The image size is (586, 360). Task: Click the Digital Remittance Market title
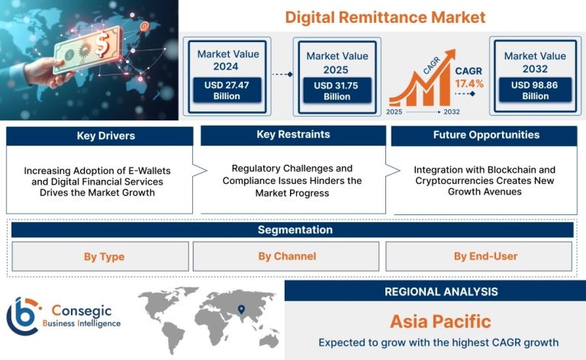[x=385, y=18]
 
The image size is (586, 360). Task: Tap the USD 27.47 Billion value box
[x=227, y=90]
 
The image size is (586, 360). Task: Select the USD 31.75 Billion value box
[x=336, y=91]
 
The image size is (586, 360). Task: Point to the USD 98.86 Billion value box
[x=535, y=90]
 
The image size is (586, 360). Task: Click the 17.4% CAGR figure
[x=469, y=84]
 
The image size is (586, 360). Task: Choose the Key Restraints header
[x=293, y=135]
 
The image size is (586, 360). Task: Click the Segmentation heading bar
[x=292, y=230]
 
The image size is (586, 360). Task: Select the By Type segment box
[x=100, y=256]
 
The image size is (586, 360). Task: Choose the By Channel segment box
[x=286, y=256]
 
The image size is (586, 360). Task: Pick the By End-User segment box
[x=478, y=256]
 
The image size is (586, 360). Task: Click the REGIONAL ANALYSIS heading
[x=441, y=291]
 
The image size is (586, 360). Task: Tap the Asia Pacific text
[x=440, y=322]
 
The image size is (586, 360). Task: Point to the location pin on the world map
[x=241, y=310]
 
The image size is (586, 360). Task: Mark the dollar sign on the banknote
[x=101, y=43]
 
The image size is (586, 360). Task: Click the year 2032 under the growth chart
[x=452, y=111]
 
